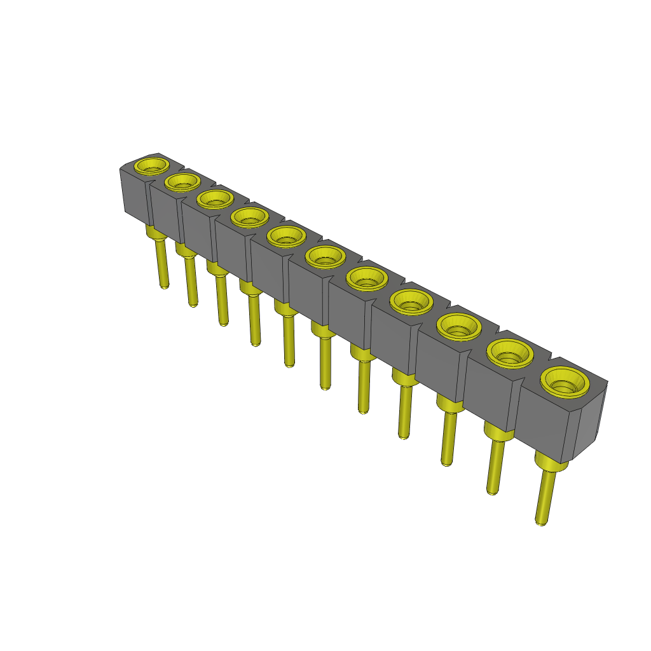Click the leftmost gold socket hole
[x=152, y=167]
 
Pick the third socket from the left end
[x=214, y=200]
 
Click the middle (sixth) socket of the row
[x=325, y=257]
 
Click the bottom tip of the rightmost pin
[x=541, y=523]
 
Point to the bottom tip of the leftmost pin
[x=164, y=287]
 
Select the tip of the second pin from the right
[x=491, y=491]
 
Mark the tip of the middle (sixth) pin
[x=325, y=386]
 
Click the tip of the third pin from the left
[x=223, y=324]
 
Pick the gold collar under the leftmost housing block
[x=156, y=233]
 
